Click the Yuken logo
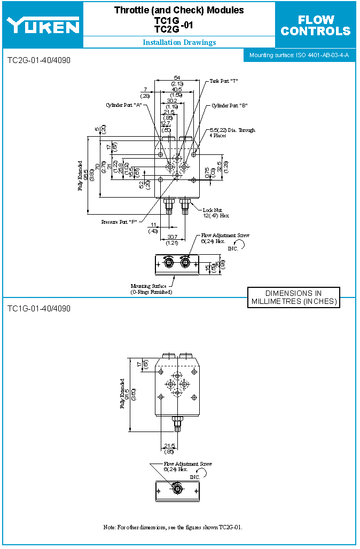point(42,25)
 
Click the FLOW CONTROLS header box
point(316,25)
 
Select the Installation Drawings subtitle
point(179,43)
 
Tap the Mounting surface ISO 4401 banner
point(299,55)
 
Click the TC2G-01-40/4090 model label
point(38,60)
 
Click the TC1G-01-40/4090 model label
point(38,309)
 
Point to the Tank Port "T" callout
point(223,81)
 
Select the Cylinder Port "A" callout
point(123,105)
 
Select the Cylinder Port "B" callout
point(229,106)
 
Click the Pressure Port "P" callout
point(120,222)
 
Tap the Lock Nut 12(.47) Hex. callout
point(216,213)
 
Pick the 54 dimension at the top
point(177,78)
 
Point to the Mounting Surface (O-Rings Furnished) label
point(151,289)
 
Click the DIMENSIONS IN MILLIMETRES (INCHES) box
point(294,297)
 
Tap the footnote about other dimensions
point(173,527)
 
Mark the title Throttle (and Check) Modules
point(179,10)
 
